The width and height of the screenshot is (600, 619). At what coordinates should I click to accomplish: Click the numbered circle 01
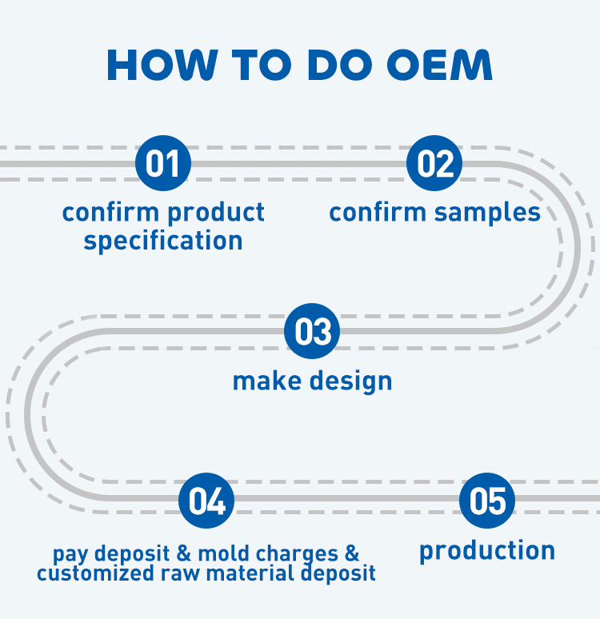point(163,163)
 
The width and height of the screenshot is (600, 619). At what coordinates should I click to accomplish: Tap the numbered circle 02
point(434,163)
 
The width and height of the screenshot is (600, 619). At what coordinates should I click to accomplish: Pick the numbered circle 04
point(206,501)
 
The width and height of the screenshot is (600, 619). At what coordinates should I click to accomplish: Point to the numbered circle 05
point(487,501)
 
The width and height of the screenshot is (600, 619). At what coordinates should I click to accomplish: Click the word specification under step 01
point(163,241)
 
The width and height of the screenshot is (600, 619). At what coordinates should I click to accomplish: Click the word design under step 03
point(352,381)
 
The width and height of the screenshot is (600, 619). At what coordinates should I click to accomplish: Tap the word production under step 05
point(487,551)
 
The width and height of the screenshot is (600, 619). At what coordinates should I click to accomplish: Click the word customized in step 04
point(88,573)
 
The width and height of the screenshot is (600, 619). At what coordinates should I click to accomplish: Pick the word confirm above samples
point(378,213)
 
